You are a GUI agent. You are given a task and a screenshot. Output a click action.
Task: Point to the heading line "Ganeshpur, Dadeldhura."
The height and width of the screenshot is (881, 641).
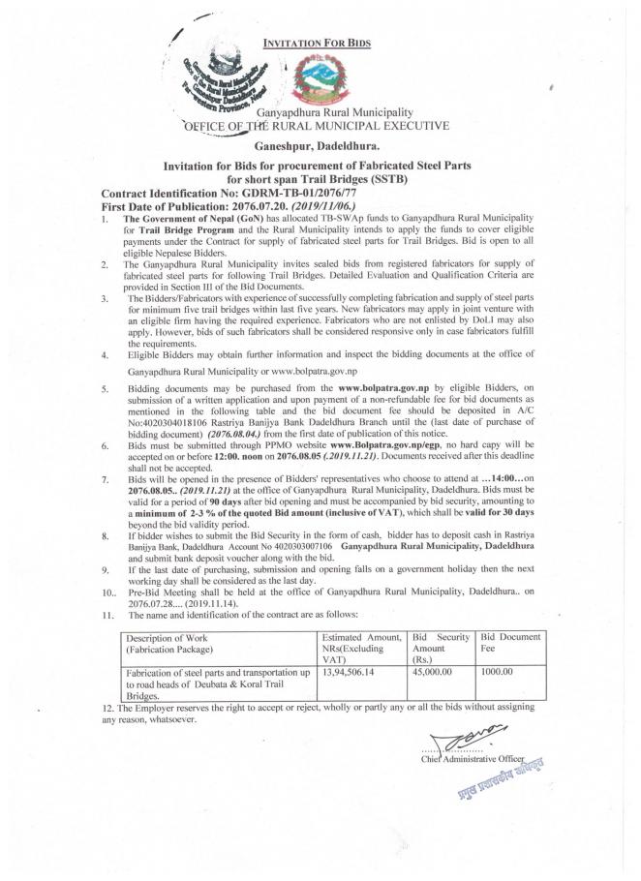pos(322,143)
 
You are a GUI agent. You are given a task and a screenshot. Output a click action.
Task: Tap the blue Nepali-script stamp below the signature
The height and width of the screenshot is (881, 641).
pos(500,780)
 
